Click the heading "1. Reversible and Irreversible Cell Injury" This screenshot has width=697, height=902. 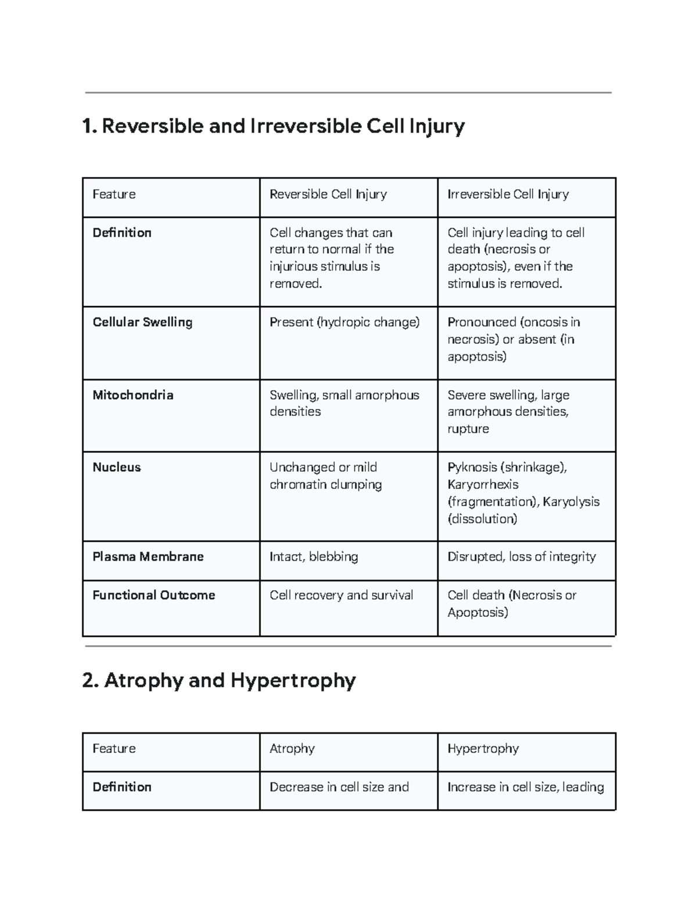click(273, 126)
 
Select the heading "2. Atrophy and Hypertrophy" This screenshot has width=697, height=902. click(218, 680)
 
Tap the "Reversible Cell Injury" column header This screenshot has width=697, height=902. click(328, 195)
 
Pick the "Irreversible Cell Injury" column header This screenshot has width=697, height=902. click(508, 195)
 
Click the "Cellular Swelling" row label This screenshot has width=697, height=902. click(142, 322)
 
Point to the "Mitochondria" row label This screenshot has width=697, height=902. click(133, 395)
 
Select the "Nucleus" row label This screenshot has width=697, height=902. click(117, 468)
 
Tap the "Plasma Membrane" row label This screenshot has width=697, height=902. click(148, 557)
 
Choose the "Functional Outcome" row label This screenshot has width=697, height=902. click(154, 595)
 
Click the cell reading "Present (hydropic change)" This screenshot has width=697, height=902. click(344, 322)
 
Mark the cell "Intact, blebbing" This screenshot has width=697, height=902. click(314, 557)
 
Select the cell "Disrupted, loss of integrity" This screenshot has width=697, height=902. click(521, 557)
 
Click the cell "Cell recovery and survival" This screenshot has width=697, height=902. click(342, 595)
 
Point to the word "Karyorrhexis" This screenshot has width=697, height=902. click(483, 484)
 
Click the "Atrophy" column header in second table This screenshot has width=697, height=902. click(292, 749)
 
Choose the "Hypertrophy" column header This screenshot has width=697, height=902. click(483, 749)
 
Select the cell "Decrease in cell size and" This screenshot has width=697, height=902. click(339, 787)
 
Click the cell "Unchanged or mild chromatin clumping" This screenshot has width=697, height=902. click(325, 476)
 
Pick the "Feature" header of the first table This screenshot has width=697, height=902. click(114, 195)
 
